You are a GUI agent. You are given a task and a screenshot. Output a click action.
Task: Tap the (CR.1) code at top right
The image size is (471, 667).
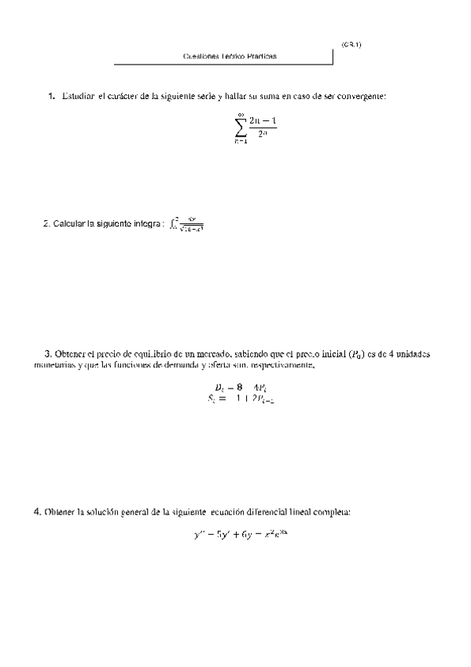351,44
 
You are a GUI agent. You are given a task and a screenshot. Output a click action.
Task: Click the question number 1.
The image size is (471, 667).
51,96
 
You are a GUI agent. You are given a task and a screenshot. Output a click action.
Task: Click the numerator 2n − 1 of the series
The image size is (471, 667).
263,120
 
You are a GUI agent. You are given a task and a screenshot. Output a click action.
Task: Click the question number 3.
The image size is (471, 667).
48,354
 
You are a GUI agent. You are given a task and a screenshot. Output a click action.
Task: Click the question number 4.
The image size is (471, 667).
37,512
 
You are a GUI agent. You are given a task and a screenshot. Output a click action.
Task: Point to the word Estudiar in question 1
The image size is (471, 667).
76,96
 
